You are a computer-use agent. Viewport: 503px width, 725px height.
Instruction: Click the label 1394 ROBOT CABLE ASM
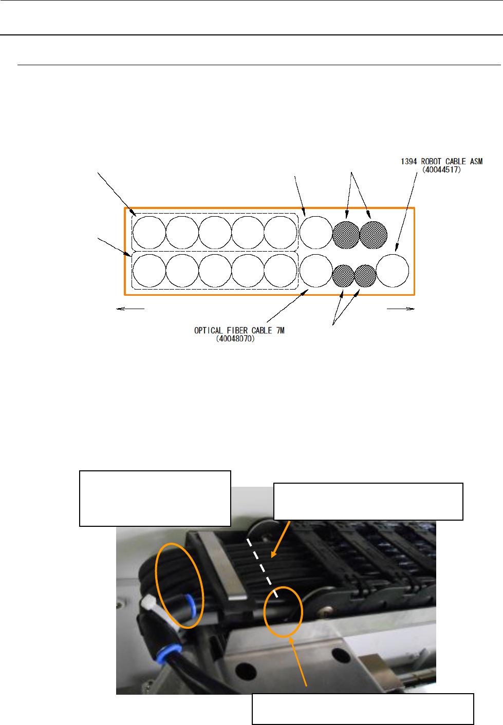click(441, 161)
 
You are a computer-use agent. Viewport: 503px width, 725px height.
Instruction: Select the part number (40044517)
click(441, 169)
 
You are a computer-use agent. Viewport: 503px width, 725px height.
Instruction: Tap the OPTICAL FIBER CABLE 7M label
click(239, 330)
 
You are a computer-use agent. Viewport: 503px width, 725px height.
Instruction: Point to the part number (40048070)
click(235, 339)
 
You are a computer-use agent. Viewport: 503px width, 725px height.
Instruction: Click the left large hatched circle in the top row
click(346, 235)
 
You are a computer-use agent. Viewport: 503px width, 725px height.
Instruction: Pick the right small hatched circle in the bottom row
click(365, 276)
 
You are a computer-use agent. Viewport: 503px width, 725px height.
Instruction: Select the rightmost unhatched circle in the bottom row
click(393, 271)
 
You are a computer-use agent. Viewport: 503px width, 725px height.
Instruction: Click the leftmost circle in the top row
click(150, 233)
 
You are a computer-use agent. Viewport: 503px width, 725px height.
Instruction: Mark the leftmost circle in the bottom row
click(150, 271)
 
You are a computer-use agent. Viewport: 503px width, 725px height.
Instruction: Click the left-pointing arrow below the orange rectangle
click(131, 309)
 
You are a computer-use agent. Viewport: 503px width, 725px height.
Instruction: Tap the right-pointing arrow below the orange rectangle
click(401, 309)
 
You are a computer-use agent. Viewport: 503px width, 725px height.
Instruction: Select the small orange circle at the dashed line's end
click(283, 612)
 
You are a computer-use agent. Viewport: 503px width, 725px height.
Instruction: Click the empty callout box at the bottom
click(363, 709)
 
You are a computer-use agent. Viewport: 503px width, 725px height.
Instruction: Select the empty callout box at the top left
click(155, 498)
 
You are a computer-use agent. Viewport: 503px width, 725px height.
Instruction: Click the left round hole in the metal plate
click(246, 670)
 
